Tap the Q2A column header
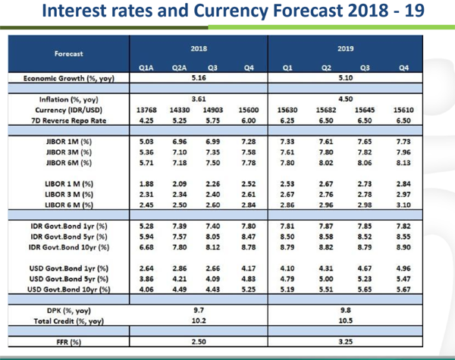[180, 65]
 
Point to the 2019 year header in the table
[346, 48]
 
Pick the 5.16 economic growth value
[199, 77]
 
